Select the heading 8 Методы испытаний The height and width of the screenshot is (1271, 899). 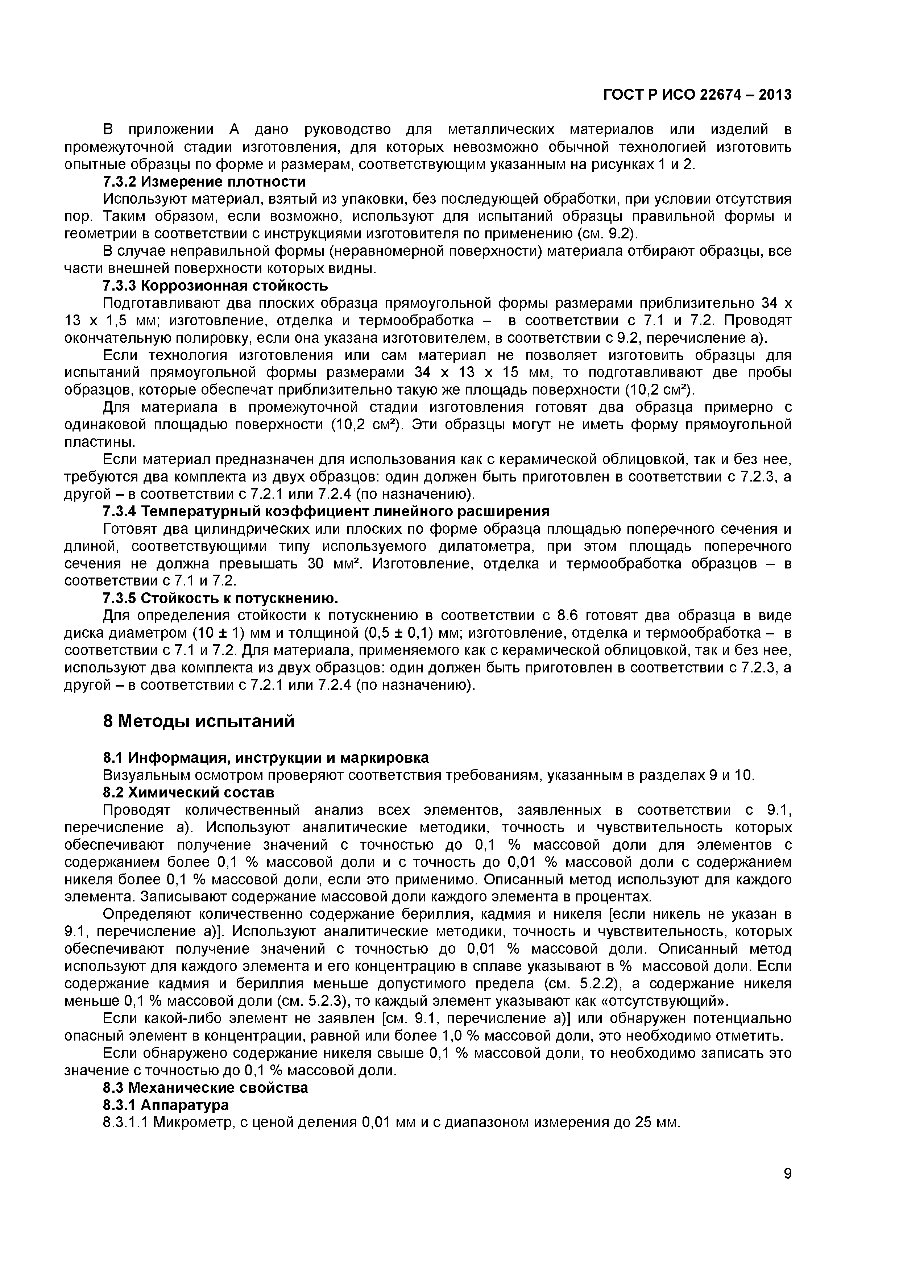(x=199, y=722)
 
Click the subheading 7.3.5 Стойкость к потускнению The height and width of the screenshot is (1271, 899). (x=220, y=599)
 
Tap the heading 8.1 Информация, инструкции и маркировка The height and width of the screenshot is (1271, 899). (x=266, y=757)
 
